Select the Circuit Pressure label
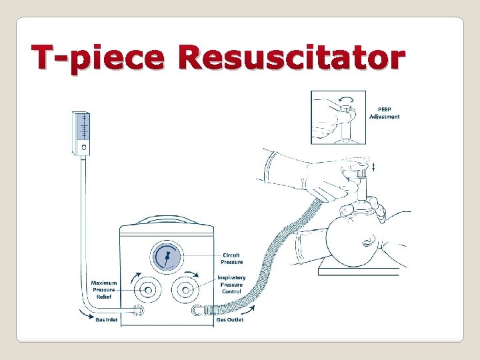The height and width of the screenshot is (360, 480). [x=231, y=259]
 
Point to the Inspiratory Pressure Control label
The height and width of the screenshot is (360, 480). [x=231, y=285]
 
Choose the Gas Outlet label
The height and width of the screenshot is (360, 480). [x=230, y=319]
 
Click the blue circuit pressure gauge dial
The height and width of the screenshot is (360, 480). [x=167, y=257]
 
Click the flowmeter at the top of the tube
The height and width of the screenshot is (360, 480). [x=83, y=133]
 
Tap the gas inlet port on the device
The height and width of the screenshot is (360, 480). [x=139, y=310]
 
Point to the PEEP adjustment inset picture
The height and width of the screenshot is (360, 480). [x=337, y=117]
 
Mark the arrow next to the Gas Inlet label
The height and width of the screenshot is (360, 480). [x=88, y=319]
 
